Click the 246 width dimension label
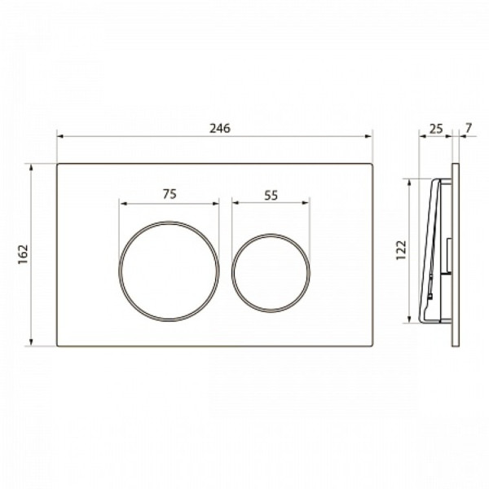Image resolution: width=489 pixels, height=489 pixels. (x=220, y=128)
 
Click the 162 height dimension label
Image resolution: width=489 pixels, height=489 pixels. (x=23, y=254)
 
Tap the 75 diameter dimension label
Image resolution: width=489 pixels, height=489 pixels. (x=170, y=194)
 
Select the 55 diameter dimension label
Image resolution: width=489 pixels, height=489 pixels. (x=271, y=196)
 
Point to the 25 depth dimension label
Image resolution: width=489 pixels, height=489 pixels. (x=436, y=128)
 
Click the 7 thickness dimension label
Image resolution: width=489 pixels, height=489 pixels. (x=469, y=128)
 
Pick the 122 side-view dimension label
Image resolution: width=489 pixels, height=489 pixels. (x=401, y=250)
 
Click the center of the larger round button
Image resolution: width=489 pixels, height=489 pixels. (x=169, y=271)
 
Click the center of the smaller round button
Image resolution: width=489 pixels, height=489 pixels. (x=271, y=272)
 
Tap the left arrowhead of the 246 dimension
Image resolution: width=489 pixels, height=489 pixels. (x=60, y=136)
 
